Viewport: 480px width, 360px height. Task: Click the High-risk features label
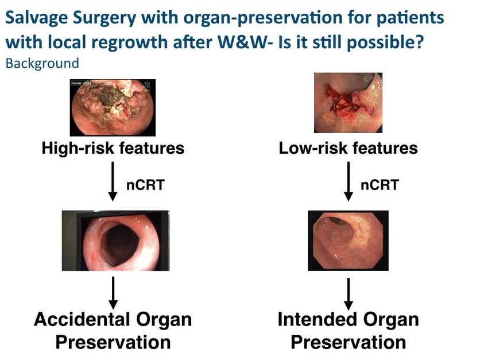[113, 149]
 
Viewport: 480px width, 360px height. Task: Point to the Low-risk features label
[349, 149]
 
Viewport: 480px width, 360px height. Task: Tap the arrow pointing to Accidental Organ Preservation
[114, 292]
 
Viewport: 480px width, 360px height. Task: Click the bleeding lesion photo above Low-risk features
[348, 104]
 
